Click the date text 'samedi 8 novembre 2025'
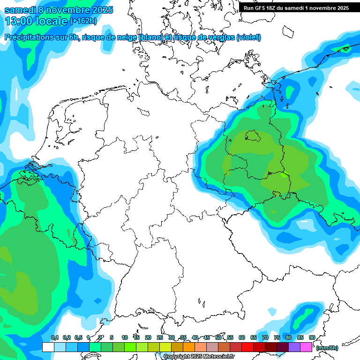pyautogui.click(x=59, y=10)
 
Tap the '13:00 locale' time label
pyautogui.click(x=36, y=21)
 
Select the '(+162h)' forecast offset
pyautogui.click(x=83, y=21)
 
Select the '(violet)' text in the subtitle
pyautogui.click(x=248, y=37)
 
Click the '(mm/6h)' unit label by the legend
pyautogui.click(x=327, y=348)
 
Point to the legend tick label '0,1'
pyautogui.click(x=54, y=337)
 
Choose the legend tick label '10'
pyautogui.click(x=125, y=337)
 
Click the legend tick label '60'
pyautogui.click(x=242, y=337)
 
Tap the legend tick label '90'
pyautogui.click(x=312, y=337)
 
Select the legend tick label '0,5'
pyautogui.click(x=78, y=337)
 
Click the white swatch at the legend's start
pyautogui.click(x=48, y=347)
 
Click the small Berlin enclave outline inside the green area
pyautogui.click(x=253, y=136)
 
